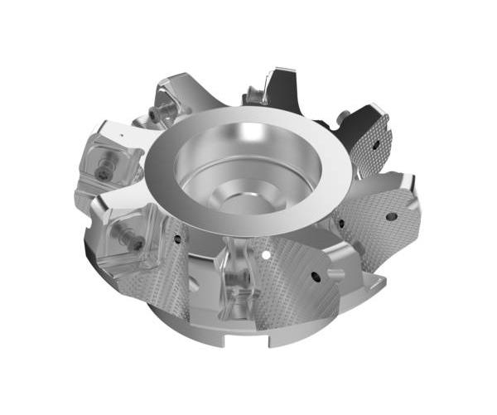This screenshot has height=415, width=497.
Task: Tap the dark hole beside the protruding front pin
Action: (x=316, y=277)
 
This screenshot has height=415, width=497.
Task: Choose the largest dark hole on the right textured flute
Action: (x=391, y=216)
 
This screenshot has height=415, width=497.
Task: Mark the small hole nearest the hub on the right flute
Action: (x=339, y=221)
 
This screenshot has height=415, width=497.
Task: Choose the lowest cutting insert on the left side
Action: (x=137, y=240)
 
